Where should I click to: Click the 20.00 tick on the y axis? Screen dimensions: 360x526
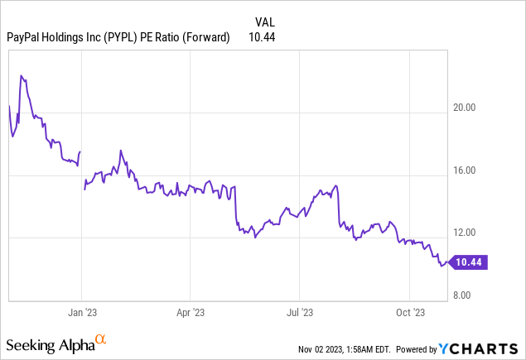pyautogui.click(x=482, y=108)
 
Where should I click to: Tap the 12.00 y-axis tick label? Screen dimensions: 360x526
pyautogui.click(x=482, y=233)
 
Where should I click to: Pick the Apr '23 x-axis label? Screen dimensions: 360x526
pyautogui.click(x=191, y=312)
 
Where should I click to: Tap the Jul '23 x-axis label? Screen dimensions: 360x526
pyautogui.click(x=300, y=312)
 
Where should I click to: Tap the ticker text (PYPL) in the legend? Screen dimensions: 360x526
pyautogui.click(x=125, y=36)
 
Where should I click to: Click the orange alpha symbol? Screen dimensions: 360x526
pyautogui.click(x=101, y=339)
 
